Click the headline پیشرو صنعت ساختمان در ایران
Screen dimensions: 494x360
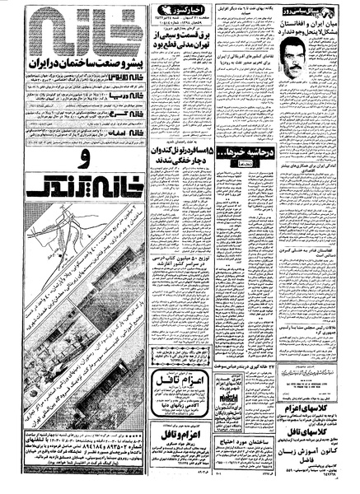72,63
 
